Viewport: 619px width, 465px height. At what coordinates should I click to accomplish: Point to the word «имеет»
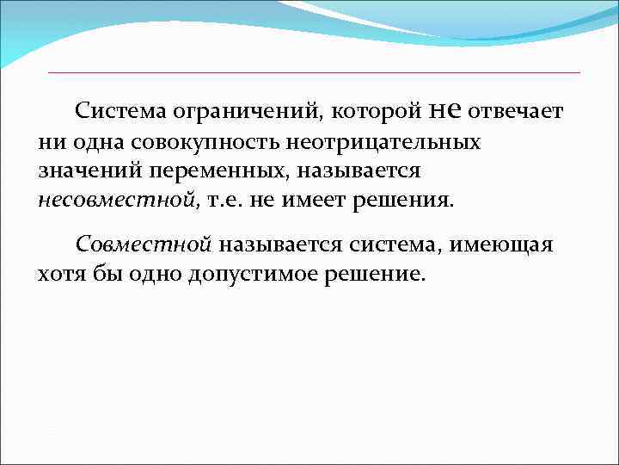(314, 201)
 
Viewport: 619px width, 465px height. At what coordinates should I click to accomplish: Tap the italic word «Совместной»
(143, 245)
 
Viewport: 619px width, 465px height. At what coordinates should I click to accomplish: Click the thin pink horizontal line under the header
(314, 72)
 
